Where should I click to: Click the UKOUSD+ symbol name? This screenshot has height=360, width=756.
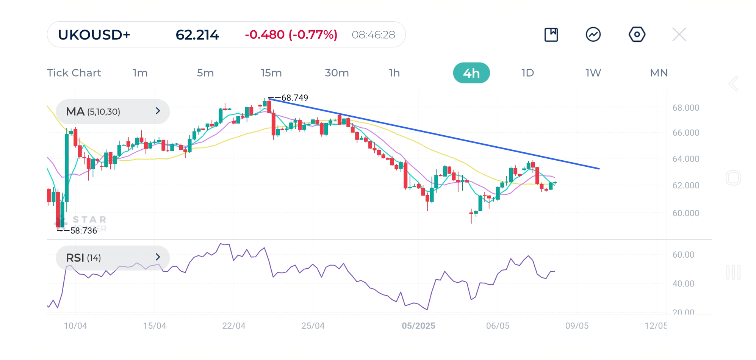(94, 35)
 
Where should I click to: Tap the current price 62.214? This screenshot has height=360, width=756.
(197, 35)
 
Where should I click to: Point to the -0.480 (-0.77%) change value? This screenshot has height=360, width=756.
(291, 35)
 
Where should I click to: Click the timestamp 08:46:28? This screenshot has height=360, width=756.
(373, 35)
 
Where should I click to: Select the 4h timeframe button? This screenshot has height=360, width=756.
(471, 73)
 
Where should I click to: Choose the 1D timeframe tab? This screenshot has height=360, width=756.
(527, 73)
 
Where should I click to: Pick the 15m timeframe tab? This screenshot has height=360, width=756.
(271, 73)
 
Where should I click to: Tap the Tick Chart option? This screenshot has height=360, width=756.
(74, 73)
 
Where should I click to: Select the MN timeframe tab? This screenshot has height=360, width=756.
(659, 73)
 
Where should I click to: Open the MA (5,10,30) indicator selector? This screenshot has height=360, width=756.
(113, 111)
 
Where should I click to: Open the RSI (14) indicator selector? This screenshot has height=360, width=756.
(113, 258)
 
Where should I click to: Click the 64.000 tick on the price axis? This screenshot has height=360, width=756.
(686, 159)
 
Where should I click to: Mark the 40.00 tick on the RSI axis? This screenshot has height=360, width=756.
(683, 283)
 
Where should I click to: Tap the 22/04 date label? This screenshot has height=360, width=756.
(234, 326)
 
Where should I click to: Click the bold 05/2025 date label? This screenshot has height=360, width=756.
(418, 326)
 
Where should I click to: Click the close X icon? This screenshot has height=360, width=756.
(679, 34)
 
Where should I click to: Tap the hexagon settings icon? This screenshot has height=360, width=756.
(637, 34)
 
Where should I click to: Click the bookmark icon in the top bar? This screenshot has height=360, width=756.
(551, 34)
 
